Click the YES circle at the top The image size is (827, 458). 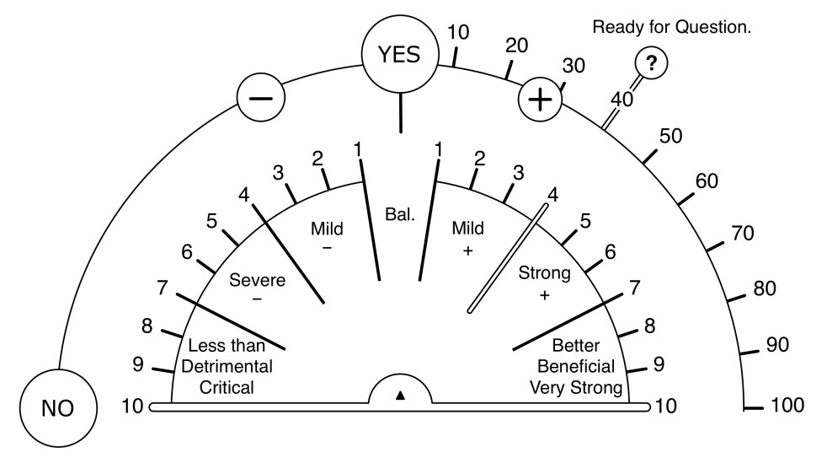pos(398,54)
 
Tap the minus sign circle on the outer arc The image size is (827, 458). pos(261,98)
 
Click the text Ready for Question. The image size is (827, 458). pos(671,27)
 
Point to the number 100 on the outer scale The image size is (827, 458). pos(787,406)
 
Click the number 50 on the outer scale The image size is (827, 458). pos(670,137)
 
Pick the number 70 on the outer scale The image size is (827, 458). pos(742,233)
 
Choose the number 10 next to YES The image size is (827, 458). pos(458,33)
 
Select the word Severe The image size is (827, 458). pos(257,279)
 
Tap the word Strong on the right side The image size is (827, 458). pos(544,272)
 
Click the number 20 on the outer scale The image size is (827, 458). pos(516,46)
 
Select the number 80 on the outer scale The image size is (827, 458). pos(764,288)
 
